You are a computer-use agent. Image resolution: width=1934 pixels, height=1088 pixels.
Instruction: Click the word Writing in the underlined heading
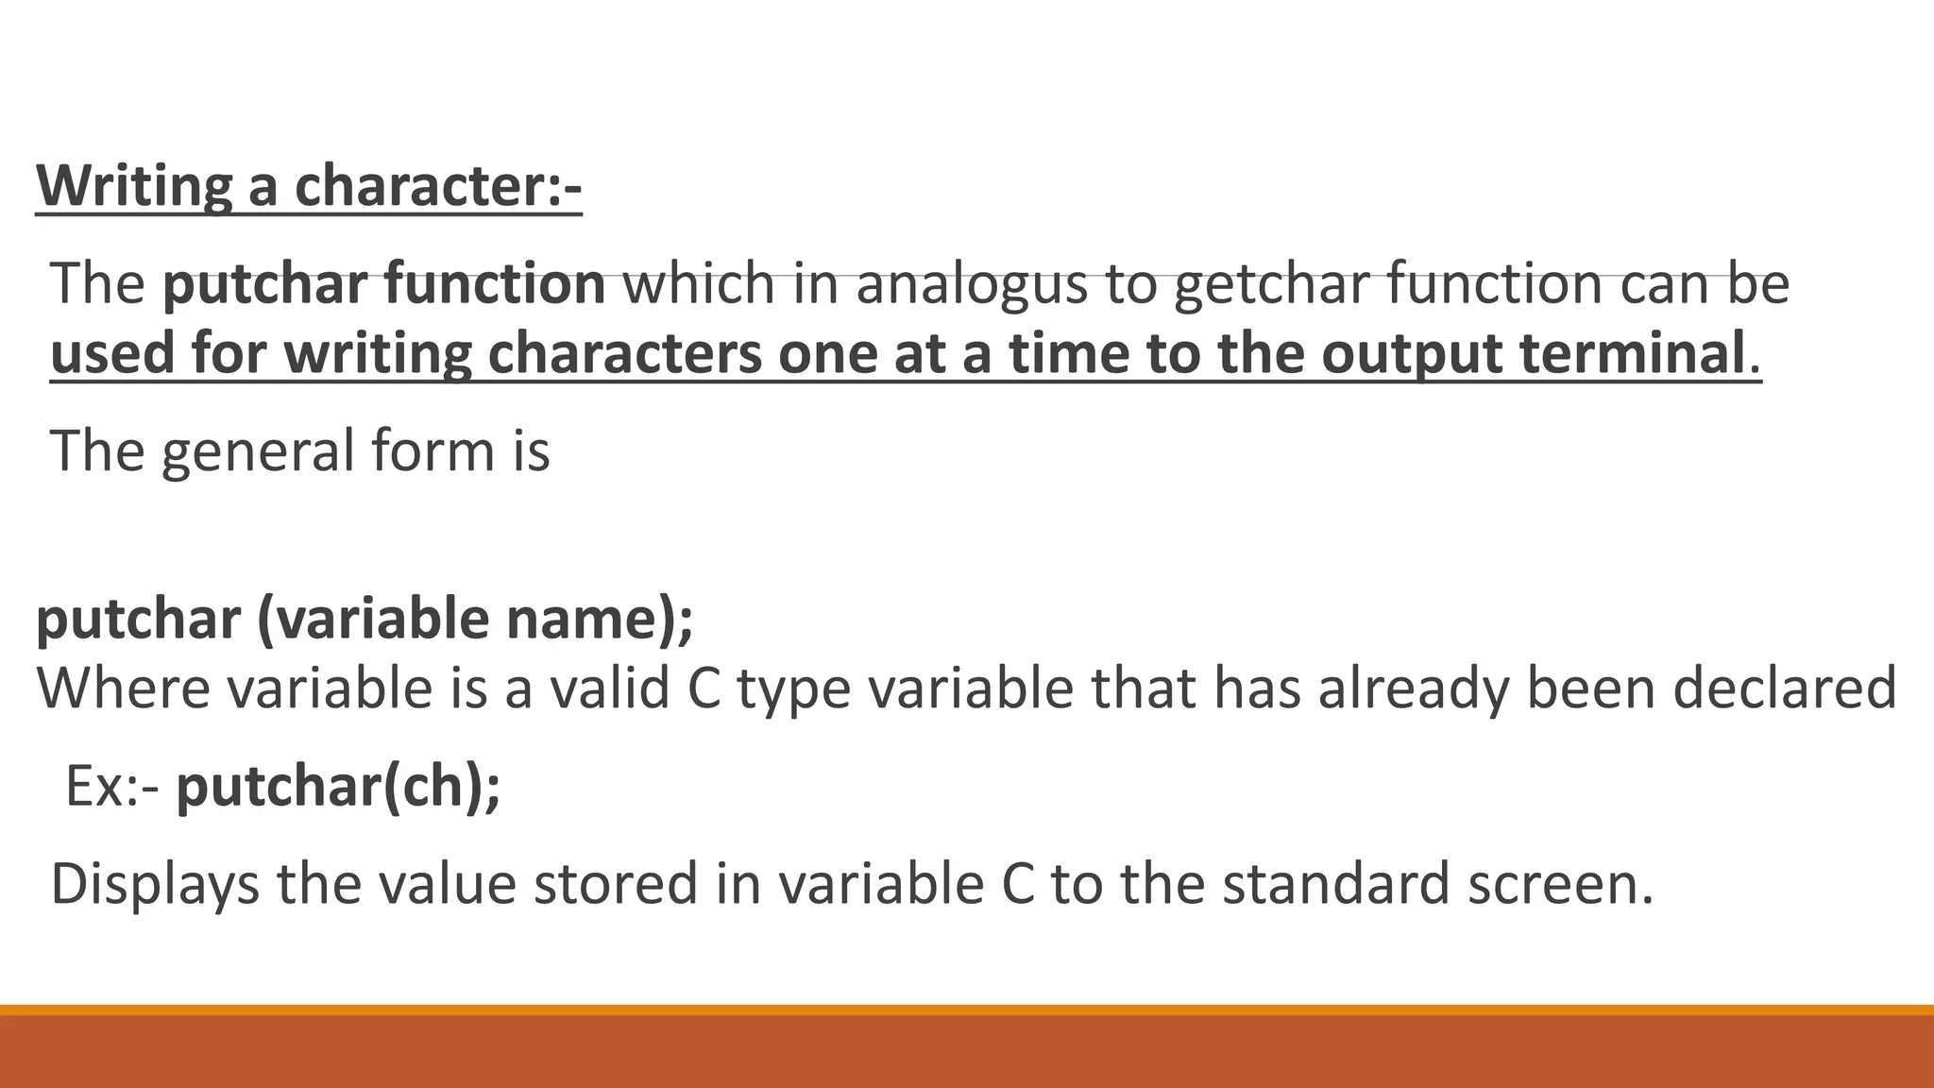[x=133, y=185]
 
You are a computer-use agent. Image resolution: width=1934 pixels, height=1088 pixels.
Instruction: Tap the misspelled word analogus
[x=972, y=283]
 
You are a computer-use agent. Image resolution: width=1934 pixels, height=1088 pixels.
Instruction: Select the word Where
[x=124, y=688]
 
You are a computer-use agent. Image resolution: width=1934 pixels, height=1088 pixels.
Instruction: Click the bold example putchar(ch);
[x=338, y=786]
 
